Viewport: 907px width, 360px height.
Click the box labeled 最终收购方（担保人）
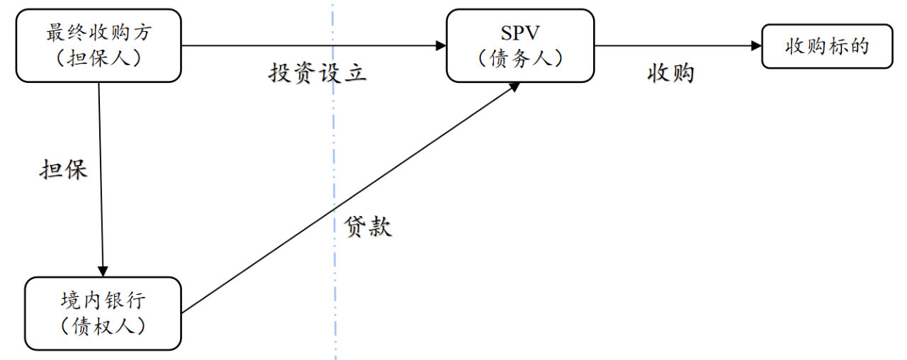pyautogui.click(x=98, y=45)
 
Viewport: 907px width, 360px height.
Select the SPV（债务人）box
pyautogui.click(x=520, y=45)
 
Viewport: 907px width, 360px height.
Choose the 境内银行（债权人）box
pyautogui.click(x=103, y=313)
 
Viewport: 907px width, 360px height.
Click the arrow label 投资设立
pyautogui.click(x=317, y=72)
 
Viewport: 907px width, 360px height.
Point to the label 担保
pyautogui.click(x=63, y=170)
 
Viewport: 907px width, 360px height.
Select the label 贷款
pyautogui.click(x=368, y=226)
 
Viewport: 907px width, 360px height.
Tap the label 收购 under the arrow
pyautogui.click(x=670, y=73)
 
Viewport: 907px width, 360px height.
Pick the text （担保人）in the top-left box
pyautogui.click(x=98, y=58)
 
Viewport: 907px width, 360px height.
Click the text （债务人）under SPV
pyautogui.click(x=520, y=58)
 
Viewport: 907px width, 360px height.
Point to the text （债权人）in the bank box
pyautogui.click(x=103, y=325)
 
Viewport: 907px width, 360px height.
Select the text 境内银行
pyautogui.click(x=103, y=300)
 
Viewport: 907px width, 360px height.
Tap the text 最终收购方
pyautogui.click(x=98, y=33)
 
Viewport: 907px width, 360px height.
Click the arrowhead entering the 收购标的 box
pyautogui.click(x=756, y=46)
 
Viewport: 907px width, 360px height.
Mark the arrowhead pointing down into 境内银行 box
pyautogui.click(x=103, y=271)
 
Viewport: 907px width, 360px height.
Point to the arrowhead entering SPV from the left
pyautogui.click(x=441, y=46)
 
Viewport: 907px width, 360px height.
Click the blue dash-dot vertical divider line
pyautogui.click(x=334, y=177)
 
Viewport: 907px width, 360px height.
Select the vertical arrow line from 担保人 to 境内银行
pyautogui.click(x=101, y=177)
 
